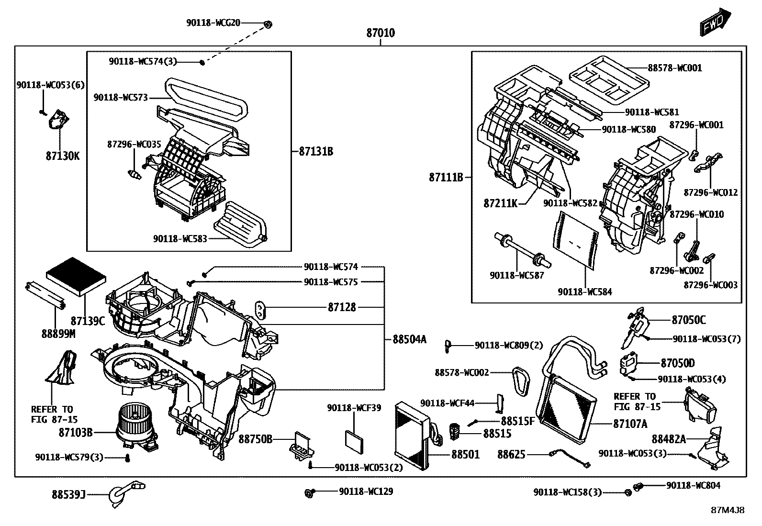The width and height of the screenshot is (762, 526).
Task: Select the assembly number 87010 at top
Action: (x=381, y=33)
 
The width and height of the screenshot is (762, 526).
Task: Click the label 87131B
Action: (x=316, y=152)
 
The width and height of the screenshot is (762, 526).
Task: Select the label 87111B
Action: (x=446, y=178)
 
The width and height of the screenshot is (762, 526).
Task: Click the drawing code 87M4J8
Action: (x=727, y=510)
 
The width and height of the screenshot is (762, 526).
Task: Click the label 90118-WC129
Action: (x=366, y=492)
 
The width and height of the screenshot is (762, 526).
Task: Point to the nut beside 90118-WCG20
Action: (x=268, y=23)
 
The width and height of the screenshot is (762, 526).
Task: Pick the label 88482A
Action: (x=669, y=439)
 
